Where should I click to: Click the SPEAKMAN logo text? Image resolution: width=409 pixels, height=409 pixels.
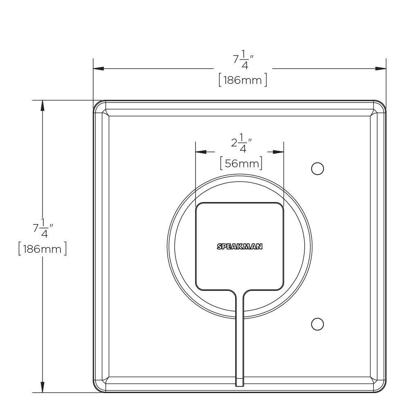(239, 247)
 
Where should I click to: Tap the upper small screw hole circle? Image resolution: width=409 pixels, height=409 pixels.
(317, 169)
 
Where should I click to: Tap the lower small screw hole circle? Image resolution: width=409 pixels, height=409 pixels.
(317, 324)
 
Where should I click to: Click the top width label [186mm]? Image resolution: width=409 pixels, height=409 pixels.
(243, 80)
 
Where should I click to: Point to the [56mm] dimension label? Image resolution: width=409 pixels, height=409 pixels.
(241, 164)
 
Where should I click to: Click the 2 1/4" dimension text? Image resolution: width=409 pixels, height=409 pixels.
(241, 143)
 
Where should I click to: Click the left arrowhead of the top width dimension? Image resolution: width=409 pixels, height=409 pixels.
(98, 69)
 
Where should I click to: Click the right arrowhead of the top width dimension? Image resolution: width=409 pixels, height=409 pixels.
(381, 69)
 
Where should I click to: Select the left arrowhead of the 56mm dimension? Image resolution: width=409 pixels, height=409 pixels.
(201, 152)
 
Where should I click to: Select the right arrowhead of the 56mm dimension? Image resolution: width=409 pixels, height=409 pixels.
(279, 152)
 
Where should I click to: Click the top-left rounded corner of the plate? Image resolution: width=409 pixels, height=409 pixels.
(99, 106)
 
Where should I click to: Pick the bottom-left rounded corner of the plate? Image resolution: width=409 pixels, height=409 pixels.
(99, 387)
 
